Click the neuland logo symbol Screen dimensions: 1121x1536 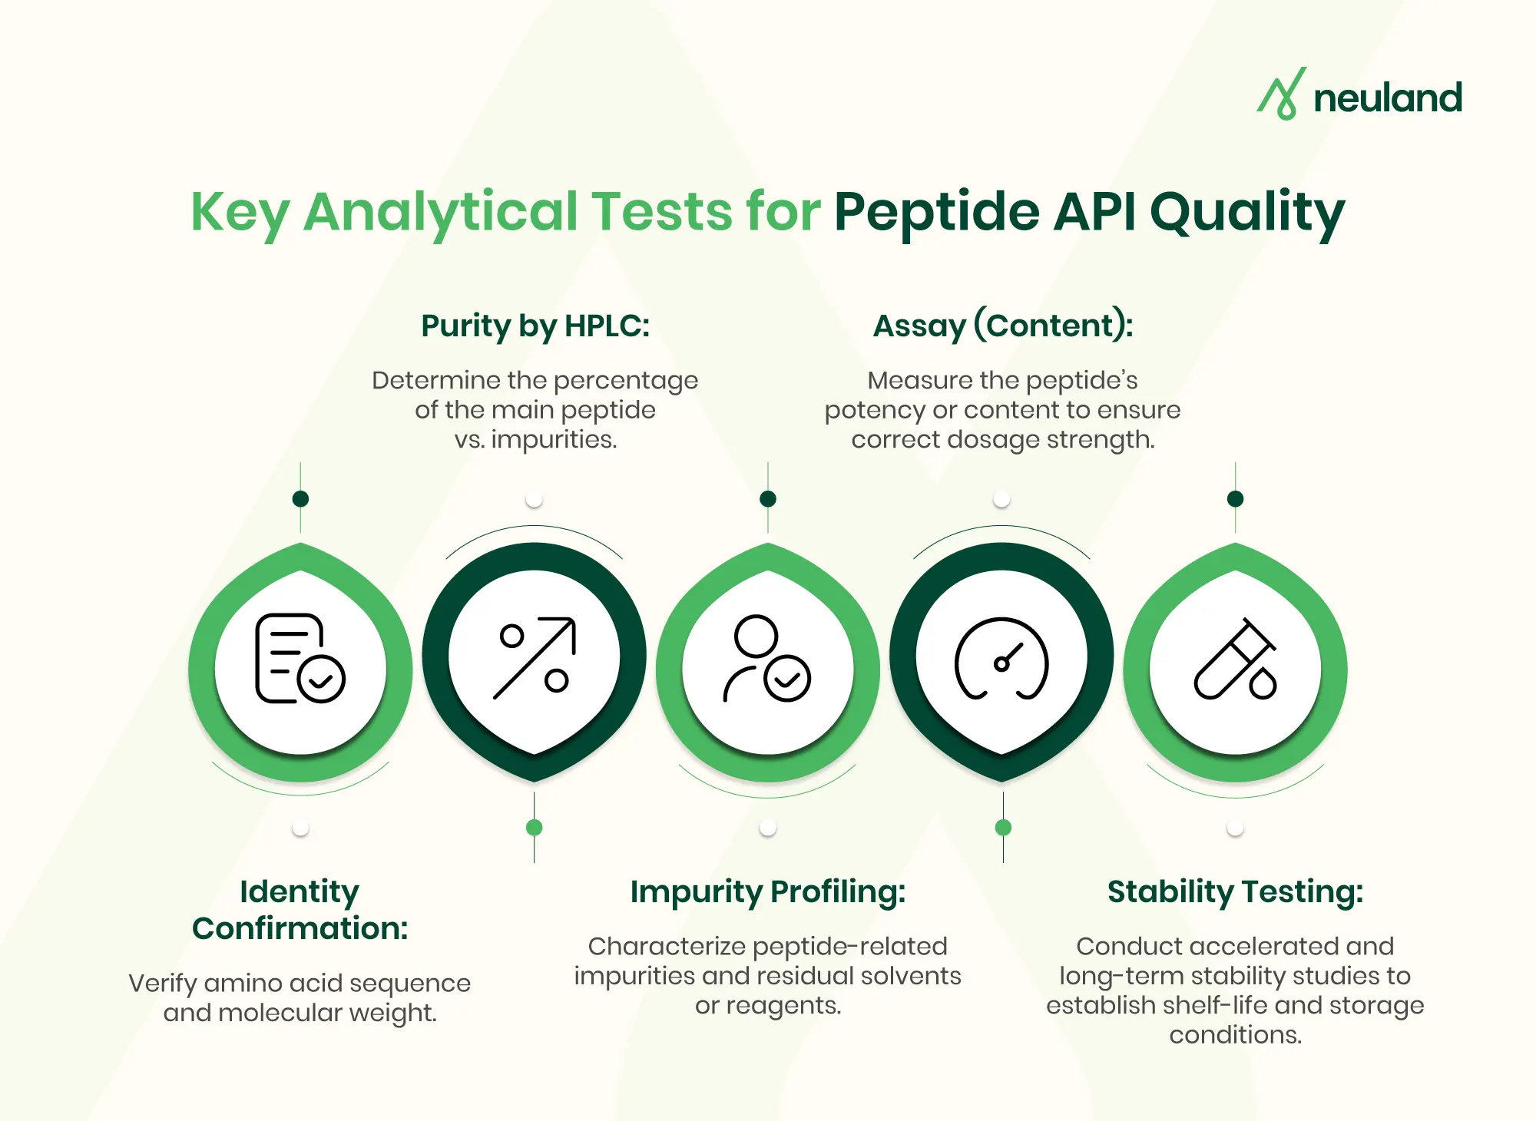pos(1281,94)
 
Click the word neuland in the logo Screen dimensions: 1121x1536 pos(1387,98)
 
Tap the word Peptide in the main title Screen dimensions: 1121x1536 pos(936,211)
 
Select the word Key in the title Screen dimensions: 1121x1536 pos(240,213)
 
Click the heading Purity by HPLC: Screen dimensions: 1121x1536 pos(535,326)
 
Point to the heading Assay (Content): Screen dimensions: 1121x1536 pos(1002,326)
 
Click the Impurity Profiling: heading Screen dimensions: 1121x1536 pos(768,891)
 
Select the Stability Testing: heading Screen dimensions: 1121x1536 pos(1235,891)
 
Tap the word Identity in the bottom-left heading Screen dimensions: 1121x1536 pos(300,891)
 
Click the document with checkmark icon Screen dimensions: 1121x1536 pos(300,659)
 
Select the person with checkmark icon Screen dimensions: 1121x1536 pos(766,659)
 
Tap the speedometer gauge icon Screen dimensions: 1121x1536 pos(1001,659)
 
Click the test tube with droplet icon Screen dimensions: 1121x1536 pos(1235,659)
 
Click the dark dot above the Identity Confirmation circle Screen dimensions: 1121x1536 pos(300,499)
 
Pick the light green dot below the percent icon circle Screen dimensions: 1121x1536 pos(535,827)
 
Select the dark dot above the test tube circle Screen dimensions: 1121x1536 pos(1235,499)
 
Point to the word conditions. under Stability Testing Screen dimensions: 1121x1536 pos(1235,1035)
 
